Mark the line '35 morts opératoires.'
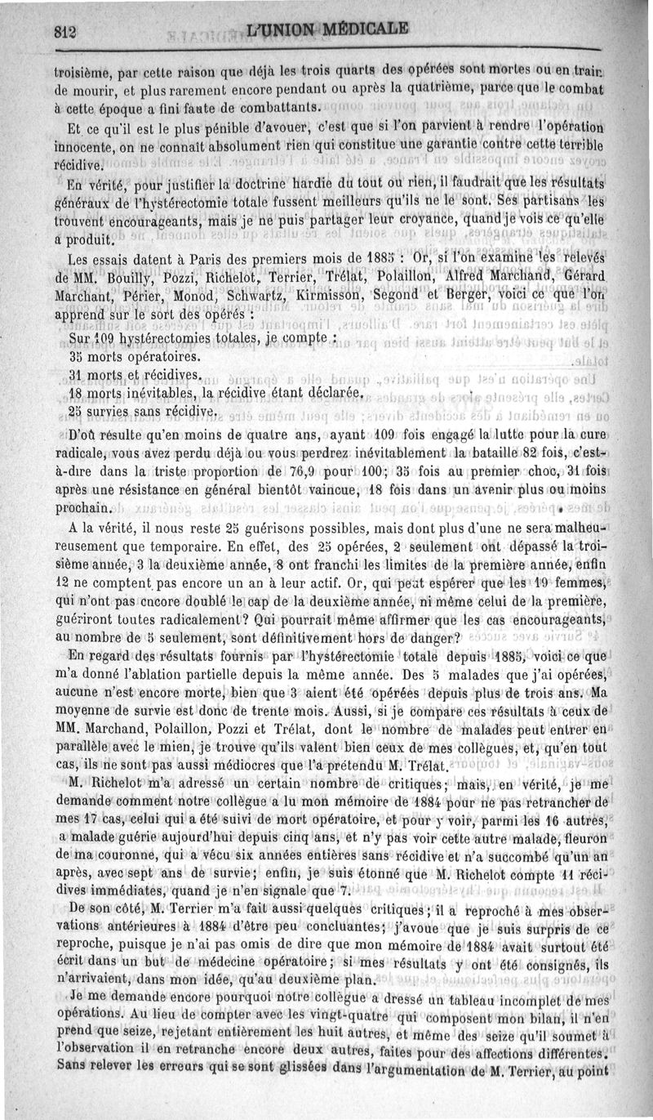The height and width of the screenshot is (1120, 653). click(135, 357)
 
